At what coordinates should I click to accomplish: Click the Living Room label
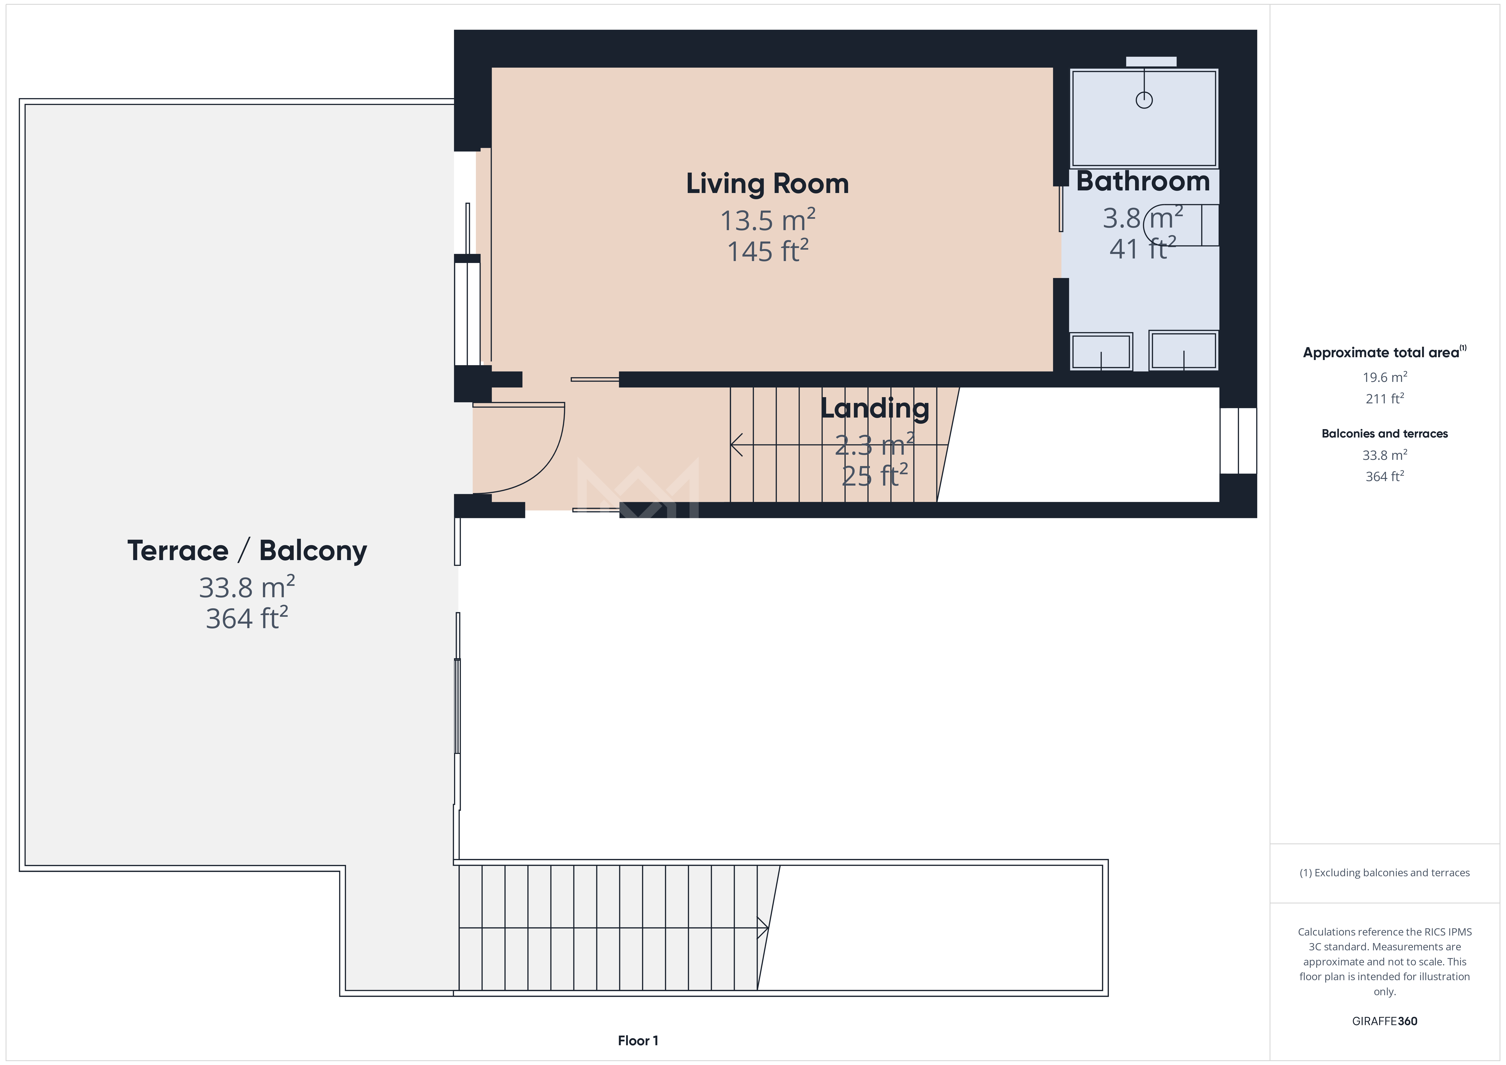(767, 184)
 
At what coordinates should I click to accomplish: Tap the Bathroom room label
(1143, 181)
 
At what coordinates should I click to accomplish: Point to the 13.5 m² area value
(767, 220)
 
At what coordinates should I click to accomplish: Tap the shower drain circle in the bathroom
(1144, 100)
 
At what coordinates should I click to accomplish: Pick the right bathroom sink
(1183, 350)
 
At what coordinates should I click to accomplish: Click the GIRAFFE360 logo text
(1385, 1021)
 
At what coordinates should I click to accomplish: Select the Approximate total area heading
(1384, 352)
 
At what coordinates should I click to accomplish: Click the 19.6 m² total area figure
(1385, 377)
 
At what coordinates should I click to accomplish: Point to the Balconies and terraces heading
(1385, 434)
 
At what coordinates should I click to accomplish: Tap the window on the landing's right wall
(1238, 440)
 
